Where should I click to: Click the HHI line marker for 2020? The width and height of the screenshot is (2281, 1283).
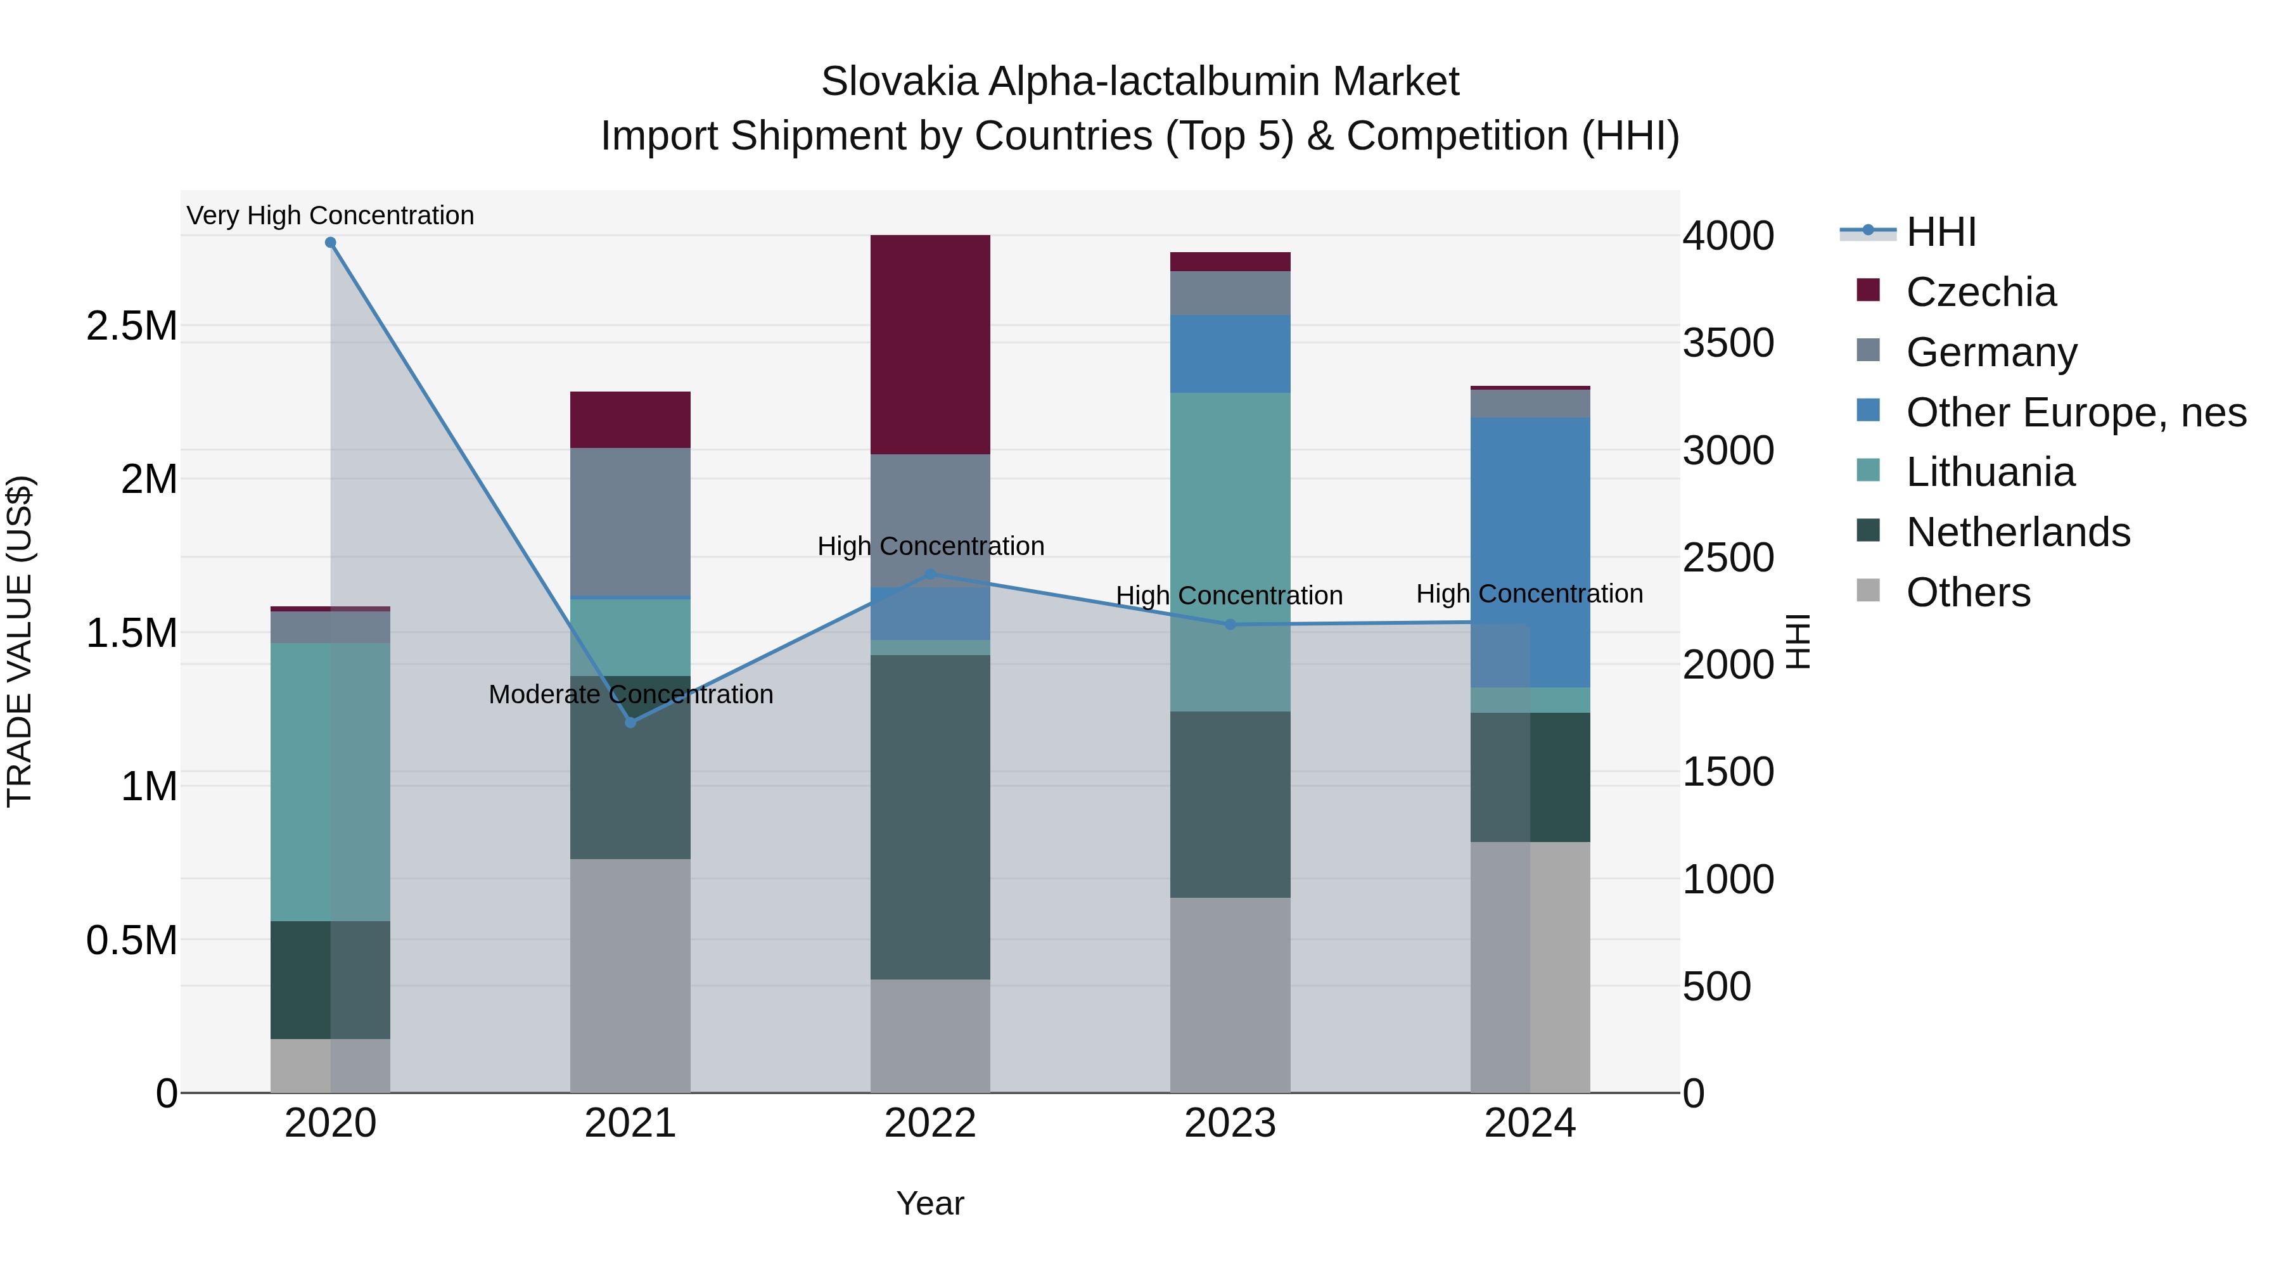click(x=330, y=243)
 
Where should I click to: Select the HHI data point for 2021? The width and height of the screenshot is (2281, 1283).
click(x=630, y=722)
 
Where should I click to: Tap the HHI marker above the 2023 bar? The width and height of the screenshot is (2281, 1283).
click(x=1230, y=624)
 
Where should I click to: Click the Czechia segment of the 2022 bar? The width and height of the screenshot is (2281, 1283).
click(x=930, y=345)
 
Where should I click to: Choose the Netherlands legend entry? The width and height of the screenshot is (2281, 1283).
click(x=2017, y=532)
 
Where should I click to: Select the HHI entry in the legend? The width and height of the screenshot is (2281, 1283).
click(x=1940, y=232)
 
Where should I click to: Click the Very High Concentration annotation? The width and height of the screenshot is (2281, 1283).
click(x=330, y=215)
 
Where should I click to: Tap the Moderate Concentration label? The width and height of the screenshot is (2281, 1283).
click(x=630, y=694)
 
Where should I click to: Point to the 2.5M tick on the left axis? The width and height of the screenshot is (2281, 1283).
click(x=132, y=326)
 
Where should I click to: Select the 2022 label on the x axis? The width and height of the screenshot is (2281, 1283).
click(x=930, y=1123)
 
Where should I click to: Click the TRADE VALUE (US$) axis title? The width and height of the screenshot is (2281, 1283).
click(x=20, y=641)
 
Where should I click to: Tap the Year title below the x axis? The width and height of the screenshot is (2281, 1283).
click(x=930, y=1203)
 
